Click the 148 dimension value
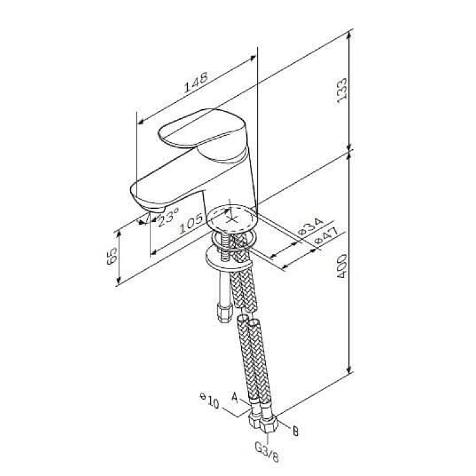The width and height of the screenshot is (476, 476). coord(196,82)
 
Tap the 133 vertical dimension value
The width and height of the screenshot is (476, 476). coord(342,91)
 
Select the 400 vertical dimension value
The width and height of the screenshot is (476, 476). coord(342,266)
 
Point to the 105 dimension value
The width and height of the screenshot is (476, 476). coord(191,223)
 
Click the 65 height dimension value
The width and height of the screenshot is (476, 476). coord(112,256)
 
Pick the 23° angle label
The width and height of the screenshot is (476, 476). coord(169,216)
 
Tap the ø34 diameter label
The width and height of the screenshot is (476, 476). coord(311,227)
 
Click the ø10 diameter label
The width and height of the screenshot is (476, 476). coord(209,400)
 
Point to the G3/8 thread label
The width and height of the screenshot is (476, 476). coord(267,452)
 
